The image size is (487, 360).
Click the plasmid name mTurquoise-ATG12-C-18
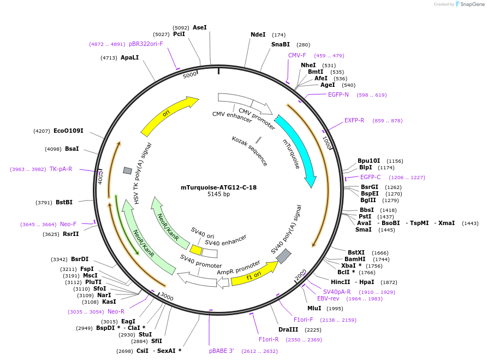pyautogui.click(x=218, y=187)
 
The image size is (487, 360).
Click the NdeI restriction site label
pyautogui.click(x=258, y=34)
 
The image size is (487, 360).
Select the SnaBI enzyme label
pyautogui.click(x=281, y=44)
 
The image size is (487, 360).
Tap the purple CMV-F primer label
pyautogui.click(x=297, y=55)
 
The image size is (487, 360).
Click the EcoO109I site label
pyautogui.click(x=68, y=131)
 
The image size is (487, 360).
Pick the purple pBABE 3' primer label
pyautogui.click(x=222, y=351)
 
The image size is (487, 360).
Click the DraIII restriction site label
pyautogui.click(x=288, y=329)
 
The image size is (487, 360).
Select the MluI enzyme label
pyautogui.click(x=314, y=308)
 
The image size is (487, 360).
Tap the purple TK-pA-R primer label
pyautogui.click(x=61, y=169)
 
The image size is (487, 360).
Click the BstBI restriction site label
pyautogui.click(x=64, y=202)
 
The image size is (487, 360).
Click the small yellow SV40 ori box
pyautogui.click(x=196, y=250)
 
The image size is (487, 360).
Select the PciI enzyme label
pyautogui.click(x=179, y=34)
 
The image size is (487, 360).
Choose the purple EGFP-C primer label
pyautogui.click(x=371, y=177)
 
